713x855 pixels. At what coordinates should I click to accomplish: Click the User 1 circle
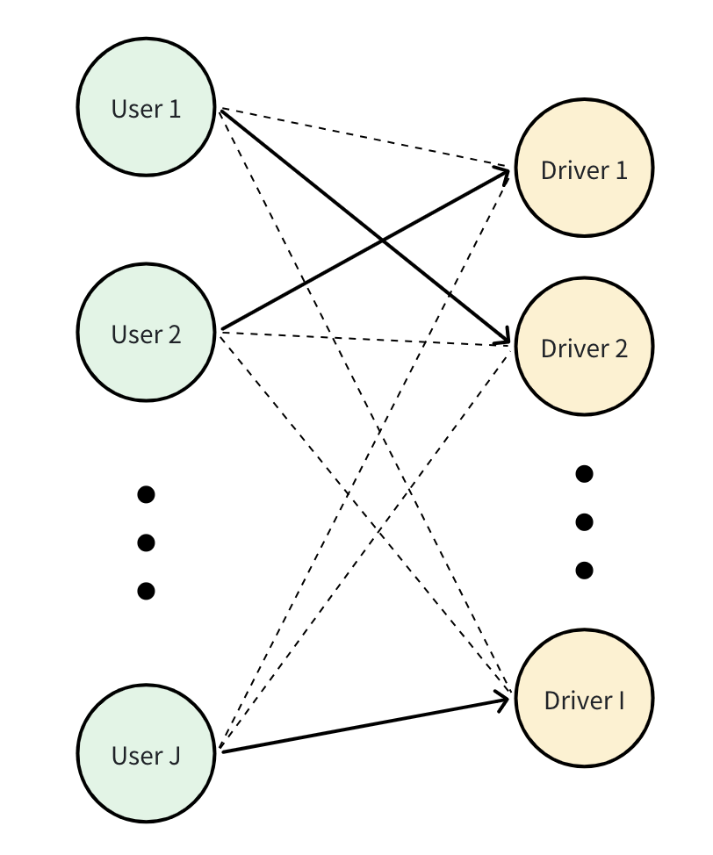tap(147, 107)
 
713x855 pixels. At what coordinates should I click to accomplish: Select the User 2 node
tap(147, 333)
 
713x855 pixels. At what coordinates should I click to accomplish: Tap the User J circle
tap(147, 753)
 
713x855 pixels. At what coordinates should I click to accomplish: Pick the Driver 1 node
tap(584, 168)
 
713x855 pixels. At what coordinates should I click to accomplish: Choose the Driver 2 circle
tap(584, 347)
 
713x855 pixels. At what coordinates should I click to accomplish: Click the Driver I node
tap(584, 699)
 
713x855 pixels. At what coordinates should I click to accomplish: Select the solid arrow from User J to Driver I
tap(365, 726)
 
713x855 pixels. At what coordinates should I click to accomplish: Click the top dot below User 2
tap(147, 494)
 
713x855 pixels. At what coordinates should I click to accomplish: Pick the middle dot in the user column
tap(147, 542)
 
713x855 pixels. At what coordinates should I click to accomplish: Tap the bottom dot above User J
tap(147, 591)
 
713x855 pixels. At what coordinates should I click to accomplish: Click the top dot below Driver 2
tap(584, 474)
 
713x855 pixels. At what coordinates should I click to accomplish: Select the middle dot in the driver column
tap(584, 521)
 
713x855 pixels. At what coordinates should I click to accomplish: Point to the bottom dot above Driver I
tap(584, 571)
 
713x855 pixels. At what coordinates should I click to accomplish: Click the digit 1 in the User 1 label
tap(175, 109)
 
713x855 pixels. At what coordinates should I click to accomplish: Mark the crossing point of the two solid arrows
tap(383, 240)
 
